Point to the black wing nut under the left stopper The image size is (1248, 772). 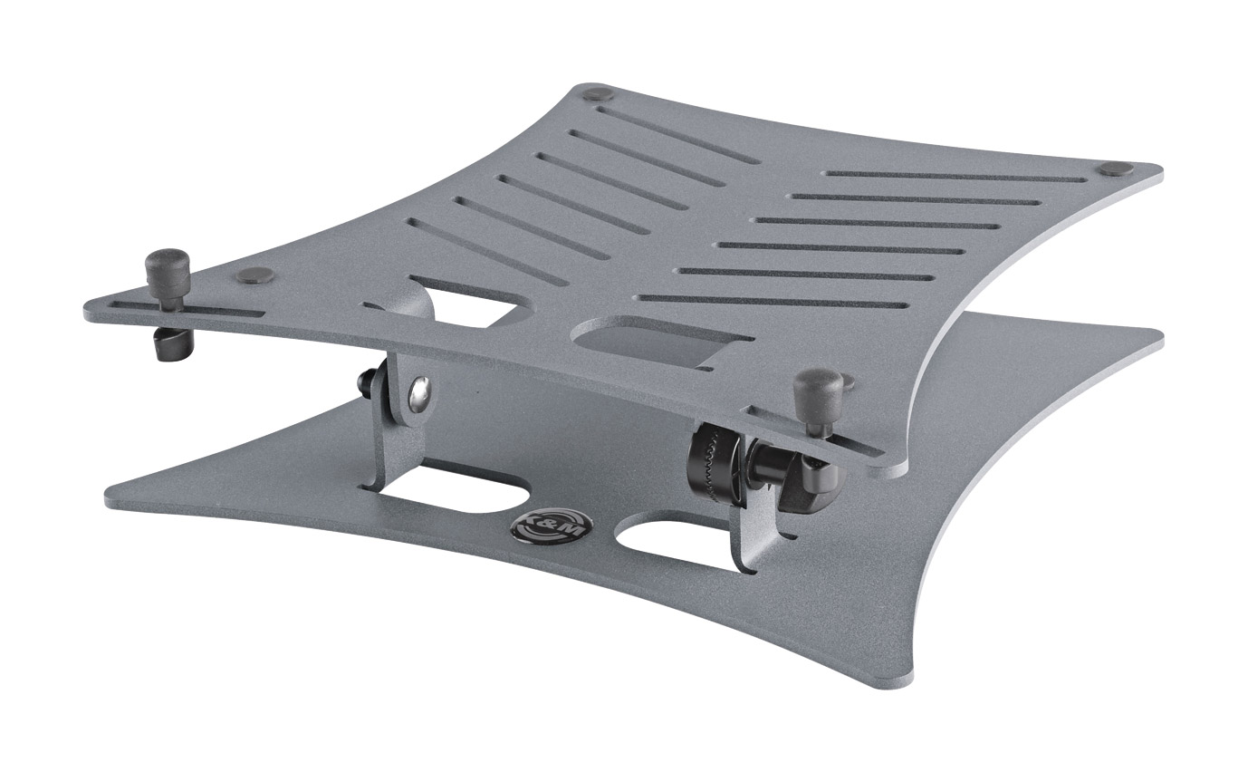(170, 344)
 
